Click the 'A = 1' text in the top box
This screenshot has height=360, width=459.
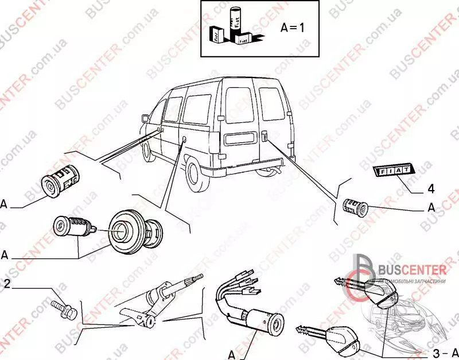[293, 27]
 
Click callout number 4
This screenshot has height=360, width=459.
[430, 188]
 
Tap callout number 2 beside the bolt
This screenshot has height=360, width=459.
[7, 283]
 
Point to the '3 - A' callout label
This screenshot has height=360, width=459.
[445, 351]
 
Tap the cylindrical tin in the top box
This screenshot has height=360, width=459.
[235, 22]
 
